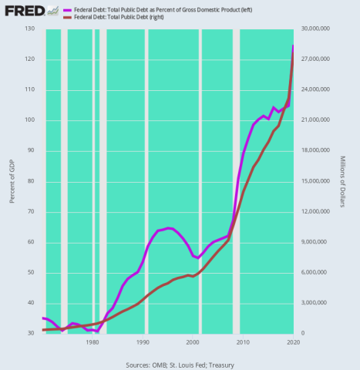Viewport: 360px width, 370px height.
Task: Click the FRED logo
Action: click(x=22, y=11)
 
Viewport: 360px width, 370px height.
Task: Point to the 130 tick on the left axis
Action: click(x=30, y=29)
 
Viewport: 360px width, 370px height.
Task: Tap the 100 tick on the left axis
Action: click(x=30, y=120)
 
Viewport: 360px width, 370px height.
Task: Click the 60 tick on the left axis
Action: click(x=32, y=242)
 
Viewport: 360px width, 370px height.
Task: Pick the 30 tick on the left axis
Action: click(x=32, y=333)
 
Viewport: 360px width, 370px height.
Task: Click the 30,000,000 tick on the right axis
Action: click(x=318, y=29)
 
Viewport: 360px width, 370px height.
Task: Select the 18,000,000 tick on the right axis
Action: click(x=318, y=150)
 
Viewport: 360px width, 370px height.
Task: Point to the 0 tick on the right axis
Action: click(x=304, y=333)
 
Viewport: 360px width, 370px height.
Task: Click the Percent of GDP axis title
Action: click(x=12, y=181)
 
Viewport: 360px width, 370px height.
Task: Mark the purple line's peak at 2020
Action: click(x=293, y=45)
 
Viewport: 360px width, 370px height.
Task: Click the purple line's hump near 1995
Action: click(x=169, y=228)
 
